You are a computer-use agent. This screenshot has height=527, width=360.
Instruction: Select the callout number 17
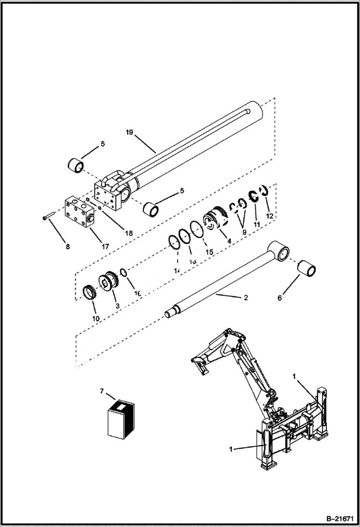(105, 246)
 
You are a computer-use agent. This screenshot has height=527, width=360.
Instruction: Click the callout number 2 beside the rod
(246, 298)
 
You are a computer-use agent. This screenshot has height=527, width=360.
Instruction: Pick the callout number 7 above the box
(101, 392)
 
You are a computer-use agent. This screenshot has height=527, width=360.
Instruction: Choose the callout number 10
(96, 318)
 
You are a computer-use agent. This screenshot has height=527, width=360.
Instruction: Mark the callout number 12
(270, 216)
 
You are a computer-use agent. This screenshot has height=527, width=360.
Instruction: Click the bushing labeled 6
(307, 269)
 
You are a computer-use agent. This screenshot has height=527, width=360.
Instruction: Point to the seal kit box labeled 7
(120, 420)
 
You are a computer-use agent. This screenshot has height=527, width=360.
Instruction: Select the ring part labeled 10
(90, 292)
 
